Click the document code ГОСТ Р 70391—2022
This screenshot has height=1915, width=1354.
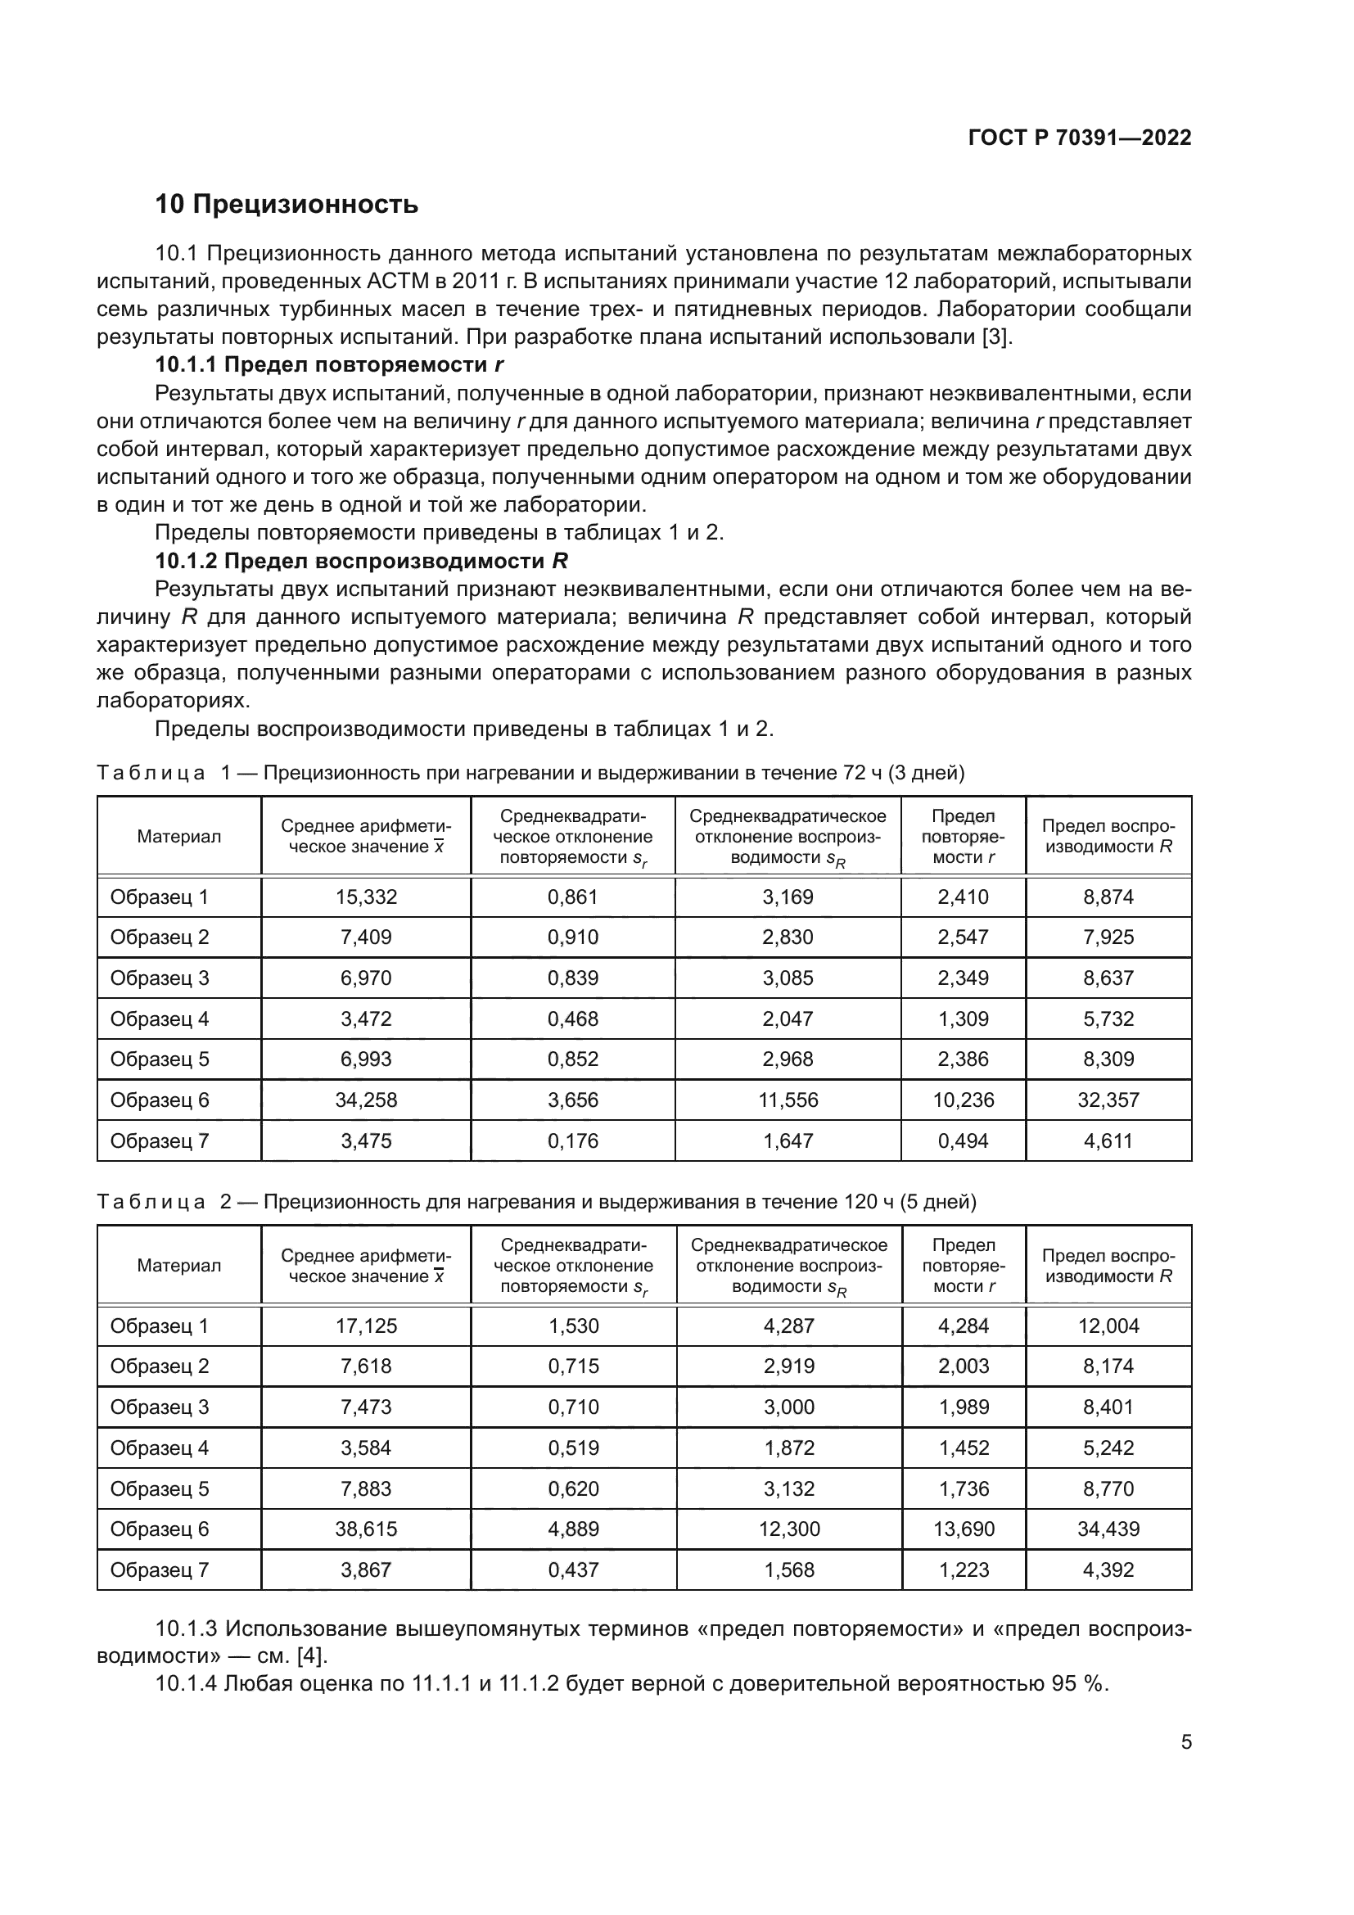click(x=1079, y=138)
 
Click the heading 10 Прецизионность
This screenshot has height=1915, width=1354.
click(x=287, y=205)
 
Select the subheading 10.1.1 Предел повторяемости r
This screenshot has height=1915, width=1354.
click(x=329, y=364)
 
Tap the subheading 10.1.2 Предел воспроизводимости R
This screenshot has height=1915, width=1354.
click(x=361, y=561)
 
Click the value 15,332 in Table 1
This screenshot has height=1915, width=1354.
click(x=366, y=897)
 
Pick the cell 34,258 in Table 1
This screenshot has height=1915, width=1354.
click(x=366, y=1100)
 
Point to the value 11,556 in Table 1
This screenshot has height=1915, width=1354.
click(x=788, y=1100)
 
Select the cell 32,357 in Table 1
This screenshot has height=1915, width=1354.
click(x=1108, y=1100)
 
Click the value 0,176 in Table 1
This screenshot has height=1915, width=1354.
click(x=573, y=1141)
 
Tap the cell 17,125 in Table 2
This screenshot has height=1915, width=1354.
click(x=366, y=1326)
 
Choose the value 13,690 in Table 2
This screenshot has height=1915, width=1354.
click(x=964, y=1529)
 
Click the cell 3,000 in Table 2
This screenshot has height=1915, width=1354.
click(x=788, y=1407)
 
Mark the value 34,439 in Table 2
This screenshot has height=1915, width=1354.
click(x=1108, y=1529)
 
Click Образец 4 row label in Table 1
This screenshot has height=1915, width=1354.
click(x=160, y=1019)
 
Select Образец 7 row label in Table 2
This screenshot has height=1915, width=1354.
click(x=160, y=1569)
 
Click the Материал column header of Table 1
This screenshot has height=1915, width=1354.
click(x=178, y=837)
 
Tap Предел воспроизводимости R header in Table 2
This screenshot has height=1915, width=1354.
click(x=1108, y=1266)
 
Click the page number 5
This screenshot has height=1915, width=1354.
click(x=1185, y=1742)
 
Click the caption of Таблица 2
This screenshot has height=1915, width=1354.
click(x=536, y=1202)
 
